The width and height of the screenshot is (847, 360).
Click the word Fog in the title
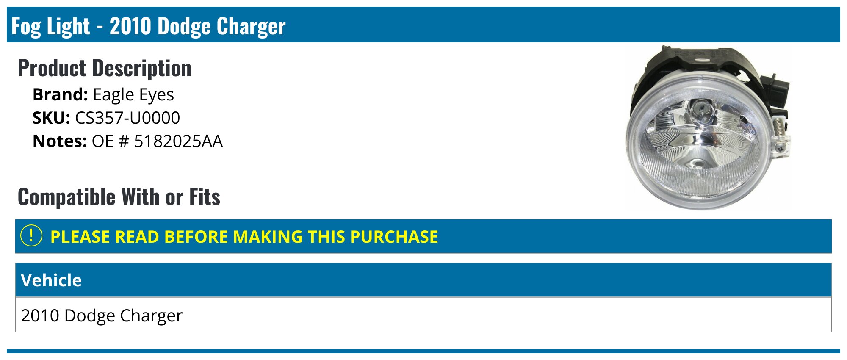tap(26, 26)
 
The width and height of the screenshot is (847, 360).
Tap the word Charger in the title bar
tap(252, 27)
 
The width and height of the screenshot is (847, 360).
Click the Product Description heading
tap(105, 68)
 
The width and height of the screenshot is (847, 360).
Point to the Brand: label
tap(60, 94)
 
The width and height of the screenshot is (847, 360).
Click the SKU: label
tap(51, 118)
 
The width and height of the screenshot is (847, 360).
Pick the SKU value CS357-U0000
tap(127, 118)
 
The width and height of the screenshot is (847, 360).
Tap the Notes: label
tap(60, 141)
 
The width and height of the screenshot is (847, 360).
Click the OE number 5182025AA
tap(178, 141)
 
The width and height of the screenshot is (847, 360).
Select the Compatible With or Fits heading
tap(119, 197)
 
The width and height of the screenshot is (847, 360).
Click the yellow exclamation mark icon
tap(31, 236)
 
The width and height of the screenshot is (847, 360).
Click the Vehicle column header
tap(51, 280)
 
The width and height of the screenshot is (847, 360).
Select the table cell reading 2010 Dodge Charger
tap(102, 316)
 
